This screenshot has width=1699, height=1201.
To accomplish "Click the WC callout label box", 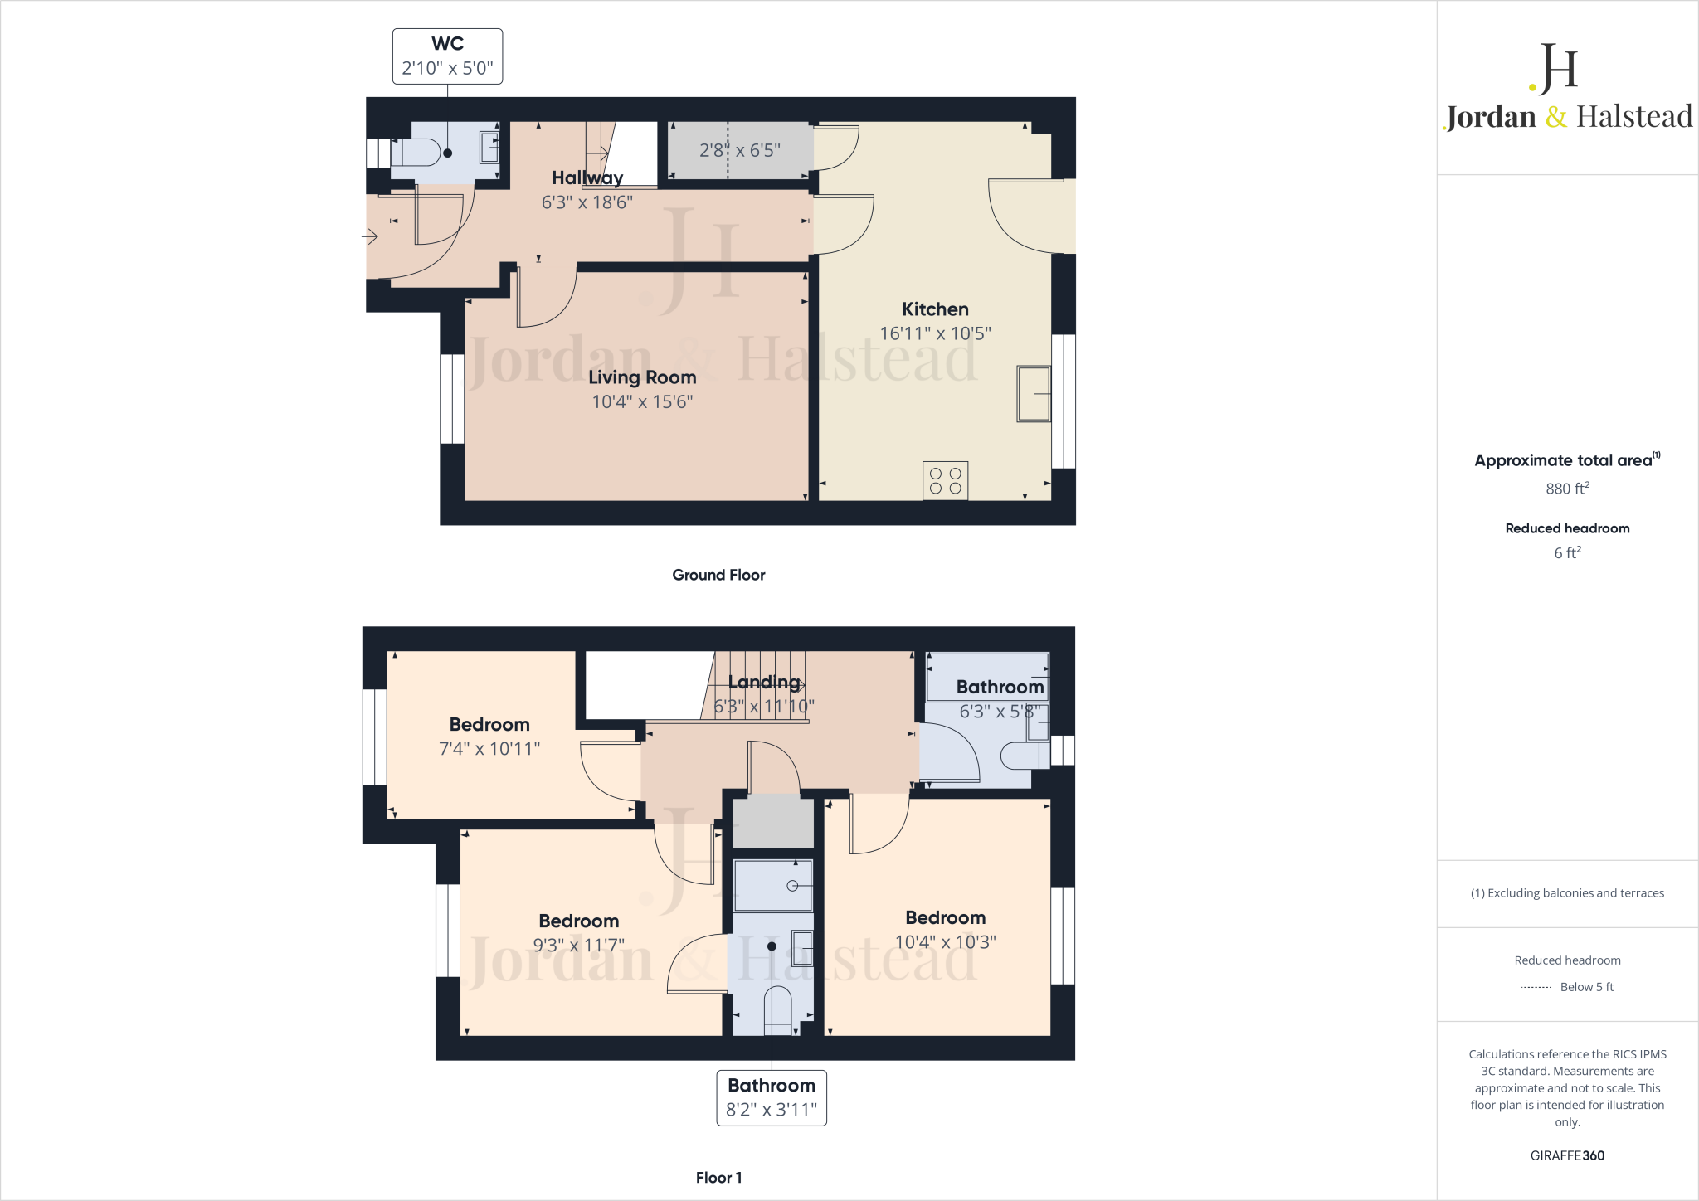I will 447,56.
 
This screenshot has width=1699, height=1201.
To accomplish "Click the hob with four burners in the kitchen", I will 945,480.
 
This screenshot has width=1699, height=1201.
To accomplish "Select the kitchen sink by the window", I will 1033,393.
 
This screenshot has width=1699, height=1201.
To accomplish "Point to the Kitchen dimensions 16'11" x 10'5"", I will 935,333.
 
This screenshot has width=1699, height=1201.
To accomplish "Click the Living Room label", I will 642,377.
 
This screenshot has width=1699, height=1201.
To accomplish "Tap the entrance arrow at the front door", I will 370,237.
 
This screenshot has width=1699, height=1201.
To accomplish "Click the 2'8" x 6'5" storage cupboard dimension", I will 739,150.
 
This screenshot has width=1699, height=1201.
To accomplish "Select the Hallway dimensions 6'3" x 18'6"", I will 587,202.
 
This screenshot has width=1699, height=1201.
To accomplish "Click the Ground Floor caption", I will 718,575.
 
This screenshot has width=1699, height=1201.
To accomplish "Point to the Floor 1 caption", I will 718,1177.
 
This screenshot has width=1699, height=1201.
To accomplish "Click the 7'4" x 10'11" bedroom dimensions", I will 489,749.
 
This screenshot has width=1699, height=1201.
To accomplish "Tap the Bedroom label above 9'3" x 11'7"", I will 578,921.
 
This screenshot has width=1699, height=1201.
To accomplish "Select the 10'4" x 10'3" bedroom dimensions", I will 945,942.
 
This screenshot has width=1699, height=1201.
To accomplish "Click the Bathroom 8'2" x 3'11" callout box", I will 771,1097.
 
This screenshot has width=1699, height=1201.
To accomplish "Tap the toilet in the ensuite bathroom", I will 777,1010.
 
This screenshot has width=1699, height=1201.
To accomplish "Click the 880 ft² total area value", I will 1566,489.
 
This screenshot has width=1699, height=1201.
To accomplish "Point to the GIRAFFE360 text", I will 1566,1155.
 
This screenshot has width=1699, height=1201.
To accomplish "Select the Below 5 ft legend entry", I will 1585,987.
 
